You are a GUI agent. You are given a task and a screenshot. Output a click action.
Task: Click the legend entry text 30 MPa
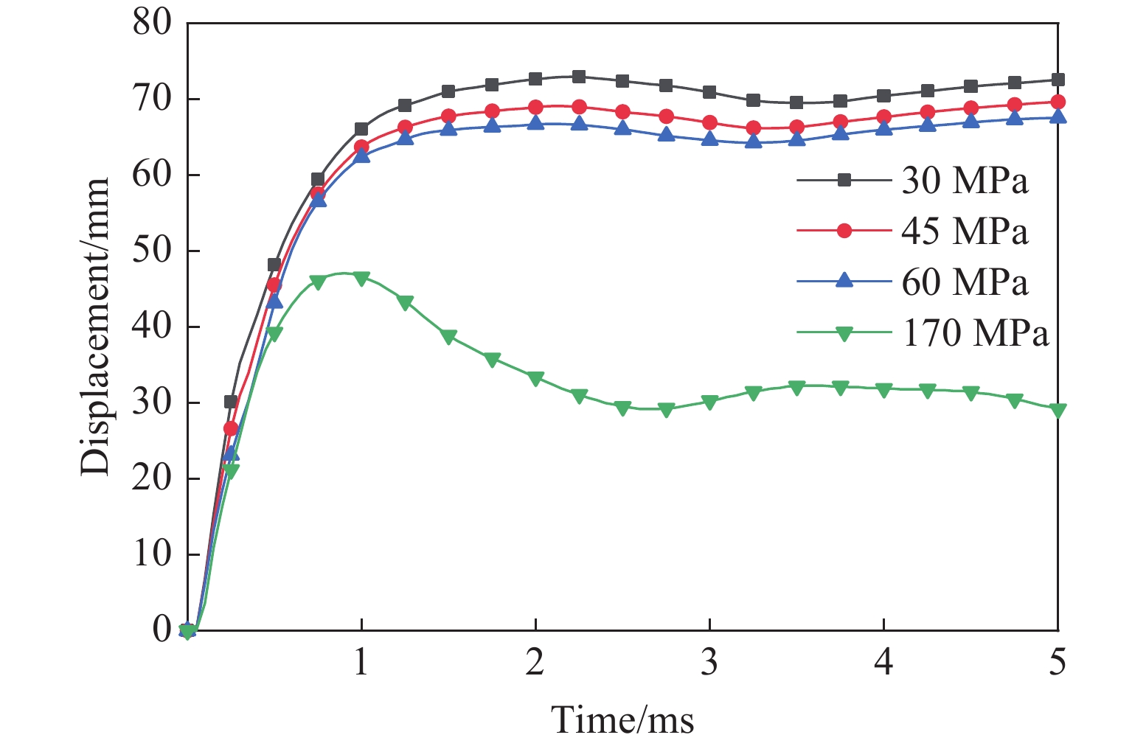(964, 181)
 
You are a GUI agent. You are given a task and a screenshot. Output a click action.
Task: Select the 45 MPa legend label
(964, 231)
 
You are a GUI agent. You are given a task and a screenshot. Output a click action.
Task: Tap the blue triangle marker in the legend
(845, 282)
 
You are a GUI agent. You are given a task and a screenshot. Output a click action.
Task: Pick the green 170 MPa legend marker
(845, 333)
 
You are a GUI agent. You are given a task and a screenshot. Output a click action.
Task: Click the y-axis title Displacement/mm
(96, 326)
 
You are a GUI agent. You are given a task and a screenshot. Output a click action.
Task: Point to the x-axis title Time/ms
(623, 719)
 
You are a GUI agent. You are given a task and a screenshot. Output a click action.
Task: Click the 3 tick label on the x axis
(709, 663)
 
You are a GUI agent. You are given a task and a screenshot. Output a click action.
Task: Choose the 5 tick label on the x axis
(1058, 663)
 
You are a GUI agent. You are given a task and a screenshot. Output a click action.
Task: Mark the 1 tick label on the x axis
(361, 663)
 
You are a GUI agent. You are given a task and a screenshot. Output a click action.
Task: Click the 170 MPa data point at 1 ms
(361, 279)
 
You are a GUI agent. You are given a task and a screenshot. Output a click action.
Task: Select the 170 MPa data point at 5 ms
(1058, 411)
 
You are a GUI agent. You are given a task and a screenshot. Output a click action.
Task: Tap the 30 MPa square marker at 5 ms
(1058, 80)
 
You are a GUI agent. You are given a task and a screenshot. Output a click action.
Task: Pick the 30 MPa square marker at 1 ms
(361, 130)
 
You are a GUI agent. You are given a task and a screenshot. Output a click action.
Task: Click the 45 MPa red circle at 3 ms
(709, 122)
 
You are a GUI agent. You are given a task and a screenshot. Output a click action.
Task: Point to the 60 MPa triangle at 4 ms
(883, 129)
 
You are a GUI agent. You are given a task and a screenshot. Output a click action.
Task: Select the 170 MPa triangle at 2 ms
(535, 378)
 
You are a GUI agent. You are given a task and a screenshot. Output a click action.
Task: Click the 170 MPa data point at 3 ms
(709, 402)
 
